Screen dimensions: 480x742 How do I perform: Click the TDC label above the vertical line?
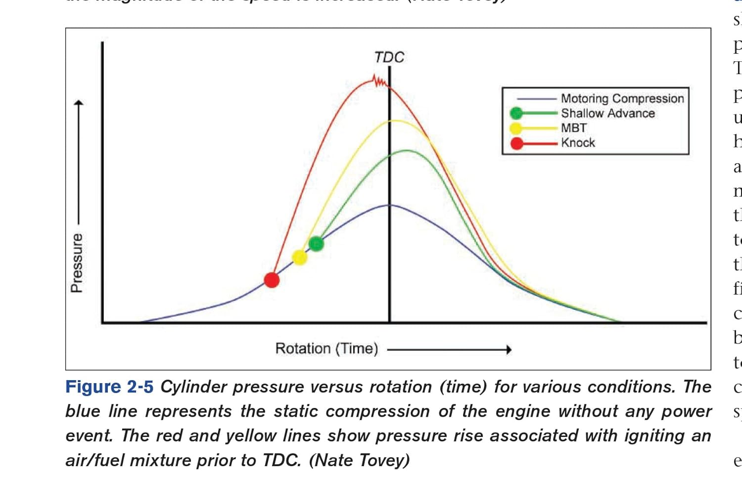coord(389,57)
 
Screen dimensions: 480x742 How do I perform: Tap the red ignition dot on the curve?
coord(272,280)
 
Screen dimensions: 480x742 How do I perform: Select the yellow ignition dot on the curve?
coord(299,258)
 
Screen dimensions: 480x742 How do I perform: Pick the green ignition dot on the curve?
coord(316,243)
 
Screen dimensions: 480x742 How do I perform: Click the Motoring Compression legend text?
coord(622,98)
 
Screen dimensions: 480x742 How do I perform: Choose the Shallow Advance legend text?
coord(607,113)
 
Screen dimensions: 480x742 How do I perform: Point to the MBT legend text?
coord(574,128)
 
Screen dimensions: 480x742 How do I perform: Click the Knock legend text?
coord(578,143)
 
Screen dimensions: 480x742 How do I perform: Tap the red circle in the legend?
coord(517,143)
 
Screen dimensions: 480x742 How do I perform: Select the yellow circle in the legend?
coord(516,129)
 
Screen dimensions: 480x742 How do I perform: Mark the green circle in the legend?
coord(516,113)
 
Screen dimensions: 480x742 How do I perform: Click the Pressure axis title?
coord(77,262)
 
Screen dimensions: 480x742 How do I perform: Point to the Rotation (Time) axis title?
coord(326,349)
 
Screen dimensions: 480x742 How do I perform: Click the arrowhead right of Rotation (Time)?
coord(509,349)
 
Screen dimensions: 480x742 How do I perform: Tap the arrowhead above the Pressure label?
coord(78,103)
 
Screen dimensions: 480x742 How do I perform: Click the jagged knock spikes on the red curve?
coord(379,81)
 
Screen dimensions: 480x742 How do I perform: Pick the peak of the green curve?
coord(406,150)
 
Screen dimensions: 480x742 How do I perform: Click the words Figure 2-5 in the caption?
coord(109,387)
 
